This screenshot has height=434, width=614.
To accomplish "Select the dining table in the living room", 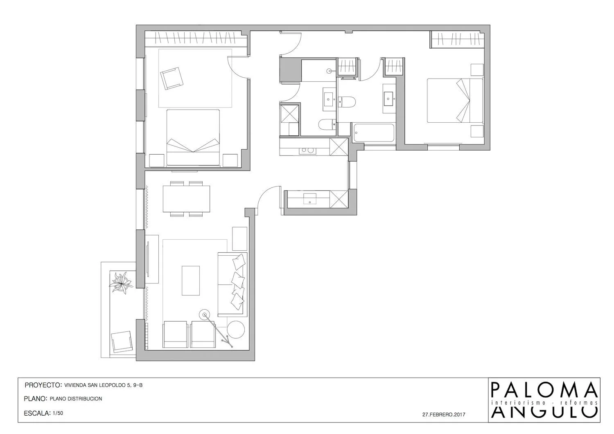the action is [x=186, y=199].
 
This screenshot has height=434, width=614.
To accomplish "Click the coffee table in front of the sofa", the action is [x=191, y=281].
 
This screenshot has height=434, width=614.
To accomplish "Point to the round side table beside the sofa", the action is [x=236, y=330].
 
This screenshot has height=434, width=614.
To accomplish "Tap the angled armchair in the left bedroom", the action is [x=172, y=79].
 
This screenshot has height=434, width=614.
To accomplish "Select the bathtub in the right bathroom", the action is [x=374, y=133].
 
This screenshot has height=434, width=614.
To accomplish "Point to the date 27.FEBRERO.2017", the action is [x=444, y=414].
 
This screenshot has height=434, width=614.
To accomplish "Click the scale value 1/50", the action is [x=58, y=413].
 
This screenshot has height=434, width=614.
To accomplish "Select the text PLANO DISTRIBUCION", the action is [x=76, y=399].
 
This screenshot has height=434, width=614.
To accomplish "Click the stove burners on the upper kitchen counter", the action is [x=307, y=150].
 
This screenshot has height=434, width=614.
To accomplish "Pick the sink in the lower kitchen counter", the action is [x=310, y=198].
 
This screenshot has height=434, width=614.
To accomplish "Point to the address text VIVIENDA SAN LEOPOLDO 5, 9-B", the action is [x=103, y=385].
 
